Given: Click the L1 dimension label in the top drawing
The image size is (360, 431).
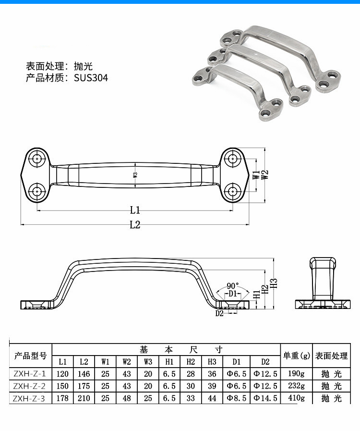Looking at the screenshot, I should pyautogui.click(x=135, y=209).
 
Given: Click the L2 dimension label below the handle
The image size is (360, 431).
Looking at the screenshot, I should pyautogui.click(x=135, y=224).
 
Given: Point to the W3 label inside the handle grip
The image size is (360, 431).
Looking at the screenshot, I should pyautogui.click(x=135, y=175).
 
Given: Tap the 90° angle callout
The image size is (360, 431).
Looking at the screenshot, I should pyautogui.click(x=233, y=285).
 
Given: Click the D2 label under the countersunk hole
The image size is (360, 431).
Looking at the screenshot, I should pyautogui.click(x=219, y=314).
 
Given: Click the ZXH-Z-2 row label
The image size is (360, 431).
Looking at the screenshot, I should pyautogui.click(x=30, y=386).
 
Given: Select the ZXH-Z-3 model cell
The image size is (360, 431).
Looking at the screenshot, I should pyautogui.click(x=30, y=398).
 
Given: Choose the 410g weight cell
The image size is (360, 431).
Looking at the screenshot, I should pyautogui.click(x=296, y=398).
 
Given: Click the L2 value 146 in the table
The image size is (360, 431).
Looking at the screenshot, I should pyautogui.click(x=84, y=374).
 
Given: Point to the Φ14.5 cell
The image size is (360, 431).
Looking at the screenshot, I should pyautogui.click(x=265, y=398).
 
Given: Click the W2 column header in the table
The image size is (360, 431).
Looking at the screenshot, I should pyautogui.click(x=127, y=362).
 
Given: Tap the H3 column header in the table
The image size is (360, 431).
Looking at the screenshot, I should pyautogui.click(x=212, y=362).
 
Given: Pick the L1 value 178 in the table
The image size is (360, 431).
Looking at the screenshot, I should pyautogui.click(x=62, y=398).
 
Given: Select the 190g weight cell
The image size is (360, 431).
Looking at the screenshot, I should pyautogui.click(x=296, y=374).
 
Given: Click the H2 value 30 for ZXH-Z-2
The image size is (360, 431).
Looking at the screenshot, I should pyautogui.click(x=191, y=386).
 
